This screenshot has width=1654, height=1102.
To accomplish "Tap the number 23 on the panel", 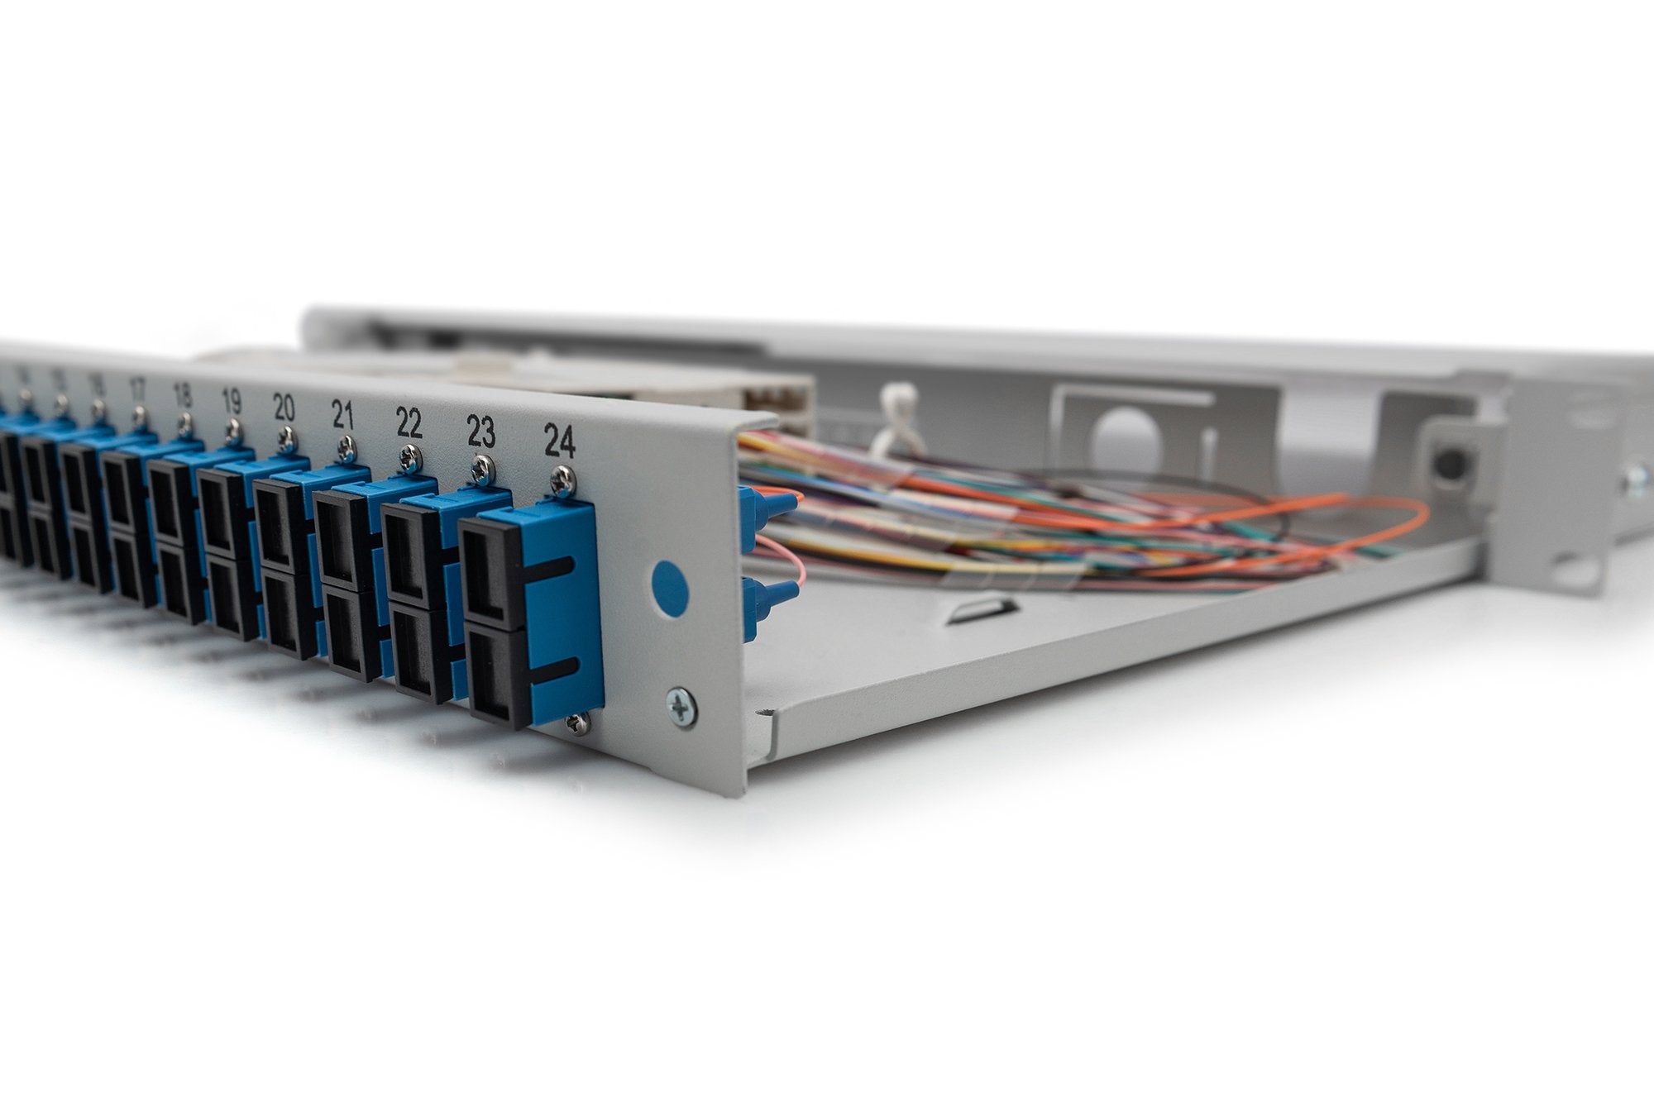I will pyautogui.click(x=480, y=432).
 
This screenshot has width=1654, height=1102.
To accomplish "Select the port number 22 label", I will pyautogui.click(x=409, y=422).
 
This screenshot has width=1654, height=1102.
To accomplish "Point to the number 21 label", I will pyautogui.click(x=342, y=414).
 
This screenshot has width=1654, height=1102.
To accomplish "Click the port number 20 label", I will pyautogui.click(x=284, y=408).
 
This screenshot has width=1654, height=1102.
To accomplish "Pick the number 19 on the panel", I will pyautogui.click(x=232, y=402).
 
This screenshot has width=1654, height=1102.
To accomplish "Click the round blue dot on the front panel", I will pyautogui.click(x=669, y=586).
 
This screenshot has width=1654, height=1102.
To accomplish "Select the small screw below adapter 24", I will pyautogui.click(x=578, y=724).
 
